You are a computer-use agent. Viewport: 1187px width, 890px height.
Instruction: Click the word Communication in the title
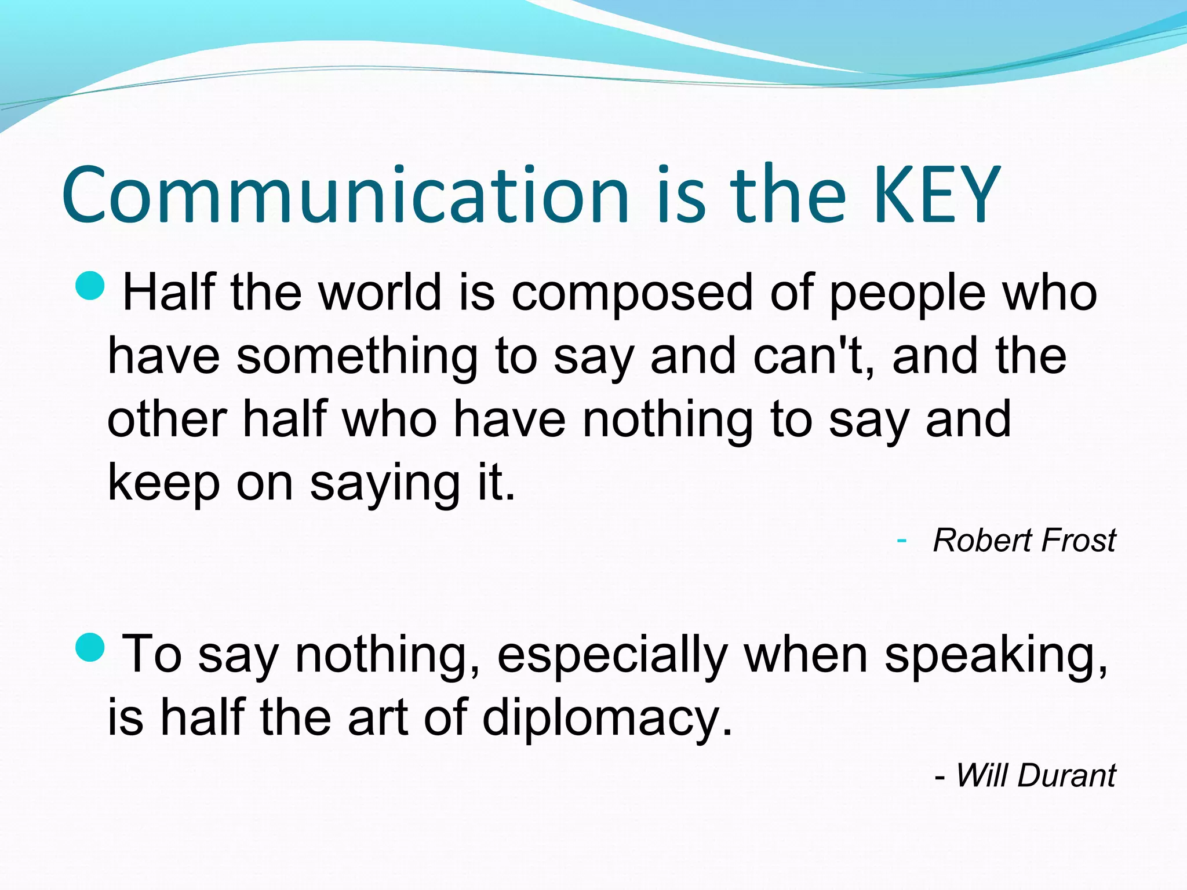pos(345,196)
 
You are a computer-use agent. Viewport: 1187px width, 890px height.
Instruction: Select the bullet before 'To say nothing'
pos(90,647)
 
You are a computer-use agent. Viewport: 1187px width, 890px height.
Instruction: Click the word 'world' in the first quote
pos(381,292)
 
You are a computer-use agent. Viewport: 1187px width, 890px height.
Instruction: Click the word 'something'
pos(357,357)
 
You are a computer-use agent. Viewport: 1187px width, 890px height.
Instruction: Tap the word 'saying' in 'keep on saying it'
pos(385,484)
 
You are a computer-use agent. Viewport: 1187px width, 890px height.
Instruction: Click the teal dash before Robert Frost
pos(901,541)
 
